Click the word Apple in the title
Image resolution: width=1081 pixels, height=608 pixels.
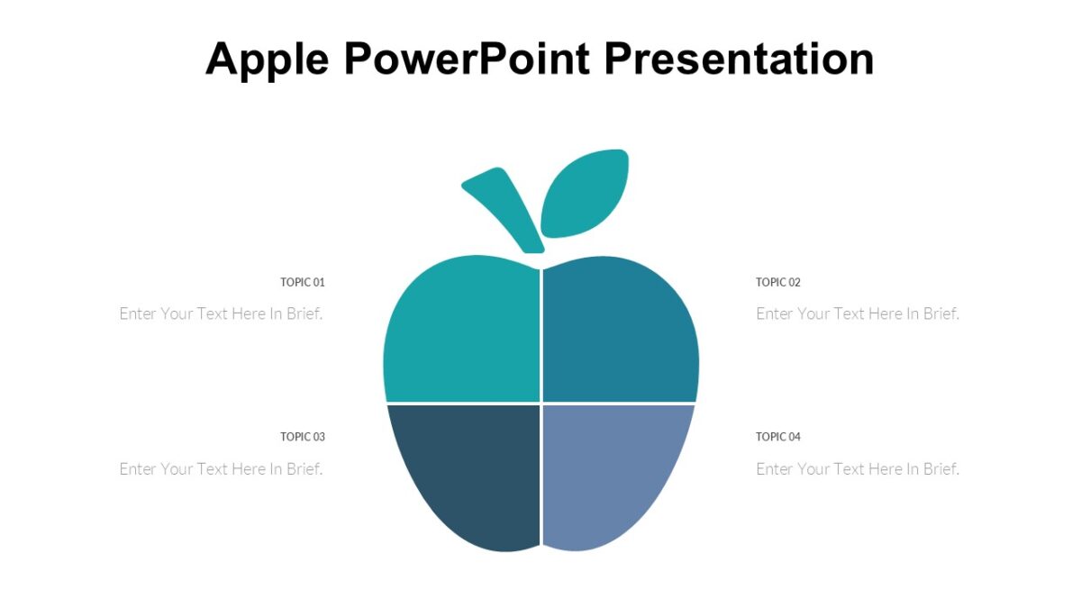(x=266, y=60)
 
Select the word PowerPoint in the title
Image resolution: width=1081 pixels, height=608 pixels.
(x=466, y=59)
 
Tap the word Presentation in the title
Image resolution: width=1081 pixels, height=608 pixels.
(x=739, y=59)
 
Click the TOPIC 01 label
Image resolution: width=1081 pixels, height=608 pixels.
(x=303, y=282)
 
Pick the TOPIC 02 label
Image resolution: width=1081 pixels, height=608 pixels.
(x=778, y=282)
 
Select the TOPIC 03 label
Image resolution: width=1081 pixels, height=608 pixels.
(x=303, y=437)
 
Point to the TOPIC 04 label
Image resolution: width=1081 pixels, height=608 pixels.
(x=778, y=437)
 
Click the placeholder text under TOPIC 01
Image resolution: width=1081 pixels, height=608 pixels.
(x=221, y=313)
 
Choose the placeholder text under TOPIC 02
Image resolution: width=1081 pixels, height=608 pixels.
(x=858, y=313)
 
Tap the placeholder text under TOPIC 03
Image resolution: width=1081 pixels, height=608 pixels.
(x=221, y=468)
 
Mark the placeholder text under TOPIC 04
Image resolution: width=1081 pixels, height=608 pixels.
(x=858, y=468)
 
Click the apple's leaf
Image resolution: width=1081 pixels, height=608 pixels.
(x=584, y=194)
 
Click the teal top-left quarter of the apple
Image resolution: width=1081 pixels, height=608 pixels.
(x=464, y=333)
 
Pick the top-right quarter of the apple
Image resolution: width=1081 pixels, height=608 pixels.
(x=620, y=333)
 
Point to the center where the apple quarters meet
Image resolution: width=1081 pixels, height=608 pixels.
(x=540, y=403)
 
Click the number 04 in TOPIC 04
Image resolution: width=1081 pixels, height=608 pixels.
(x=794, y=437)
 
